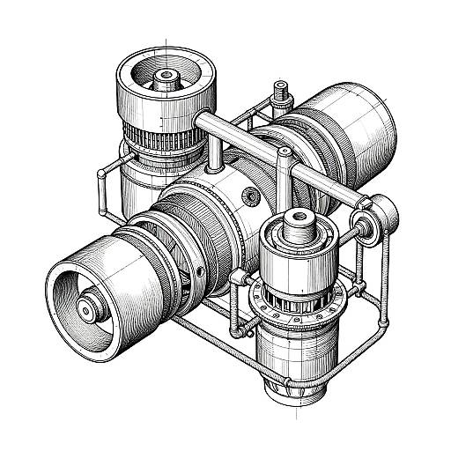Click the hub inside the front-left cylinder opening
click(x=88, y=308)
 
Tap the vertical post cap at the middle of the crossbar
click(x=284, y=157)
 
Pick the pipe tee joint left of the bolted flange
click(x=235, y=279)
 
